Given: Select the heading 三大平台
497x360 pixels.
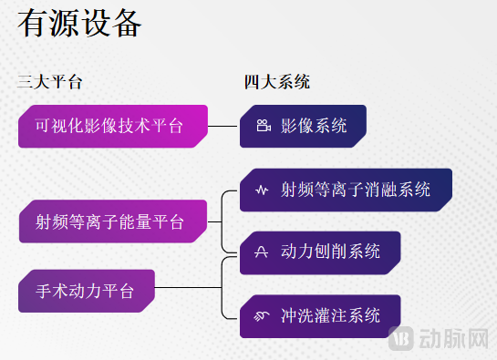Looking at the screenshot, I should click(50, 82).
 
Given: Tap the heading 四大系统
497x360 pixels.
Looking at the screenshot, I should click(277, 82).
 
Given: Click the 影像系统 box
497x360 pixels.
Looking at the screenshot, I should click(303, 126).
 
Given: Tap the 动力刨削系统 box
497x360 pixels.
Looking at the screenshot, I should click(320, 252).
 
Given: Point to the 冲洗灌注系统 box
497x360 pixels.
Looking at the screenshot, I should click(320, 316).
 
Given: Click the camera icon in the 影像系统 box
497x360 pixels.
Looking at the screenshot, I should click(263, 127).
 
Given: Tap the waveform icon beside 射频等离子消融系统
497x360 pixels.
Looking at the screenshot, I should click(262, 190).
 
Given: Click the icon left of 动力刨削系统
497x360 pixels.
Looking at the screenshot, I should click(262, 252).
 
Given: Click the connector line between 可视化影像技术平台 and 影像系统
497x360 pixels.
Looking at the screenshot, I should click(224, 126).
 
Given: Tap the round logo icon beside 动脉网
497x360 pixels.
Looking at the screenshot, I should click(402, 340).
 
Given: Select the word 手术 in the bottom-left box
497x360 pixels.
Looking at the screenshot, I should click(52, 292).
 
